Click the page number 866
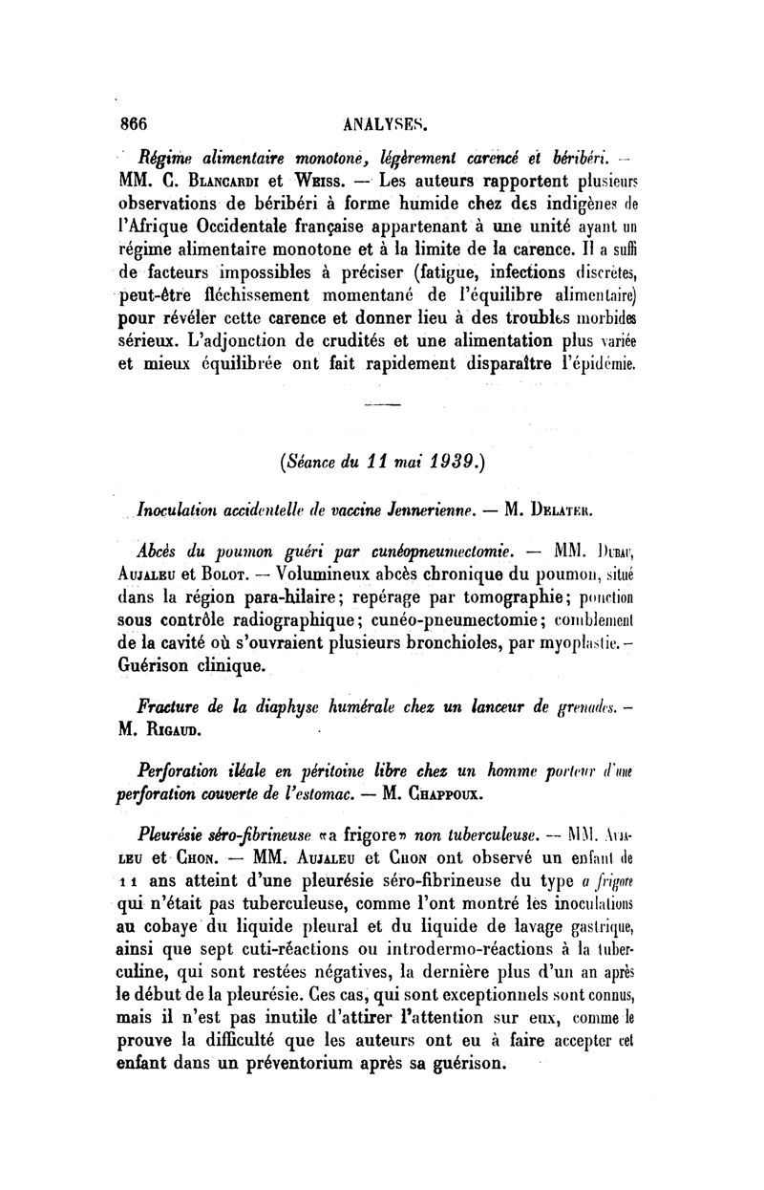[137, 123]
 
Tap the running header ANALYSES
[388, 123]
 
